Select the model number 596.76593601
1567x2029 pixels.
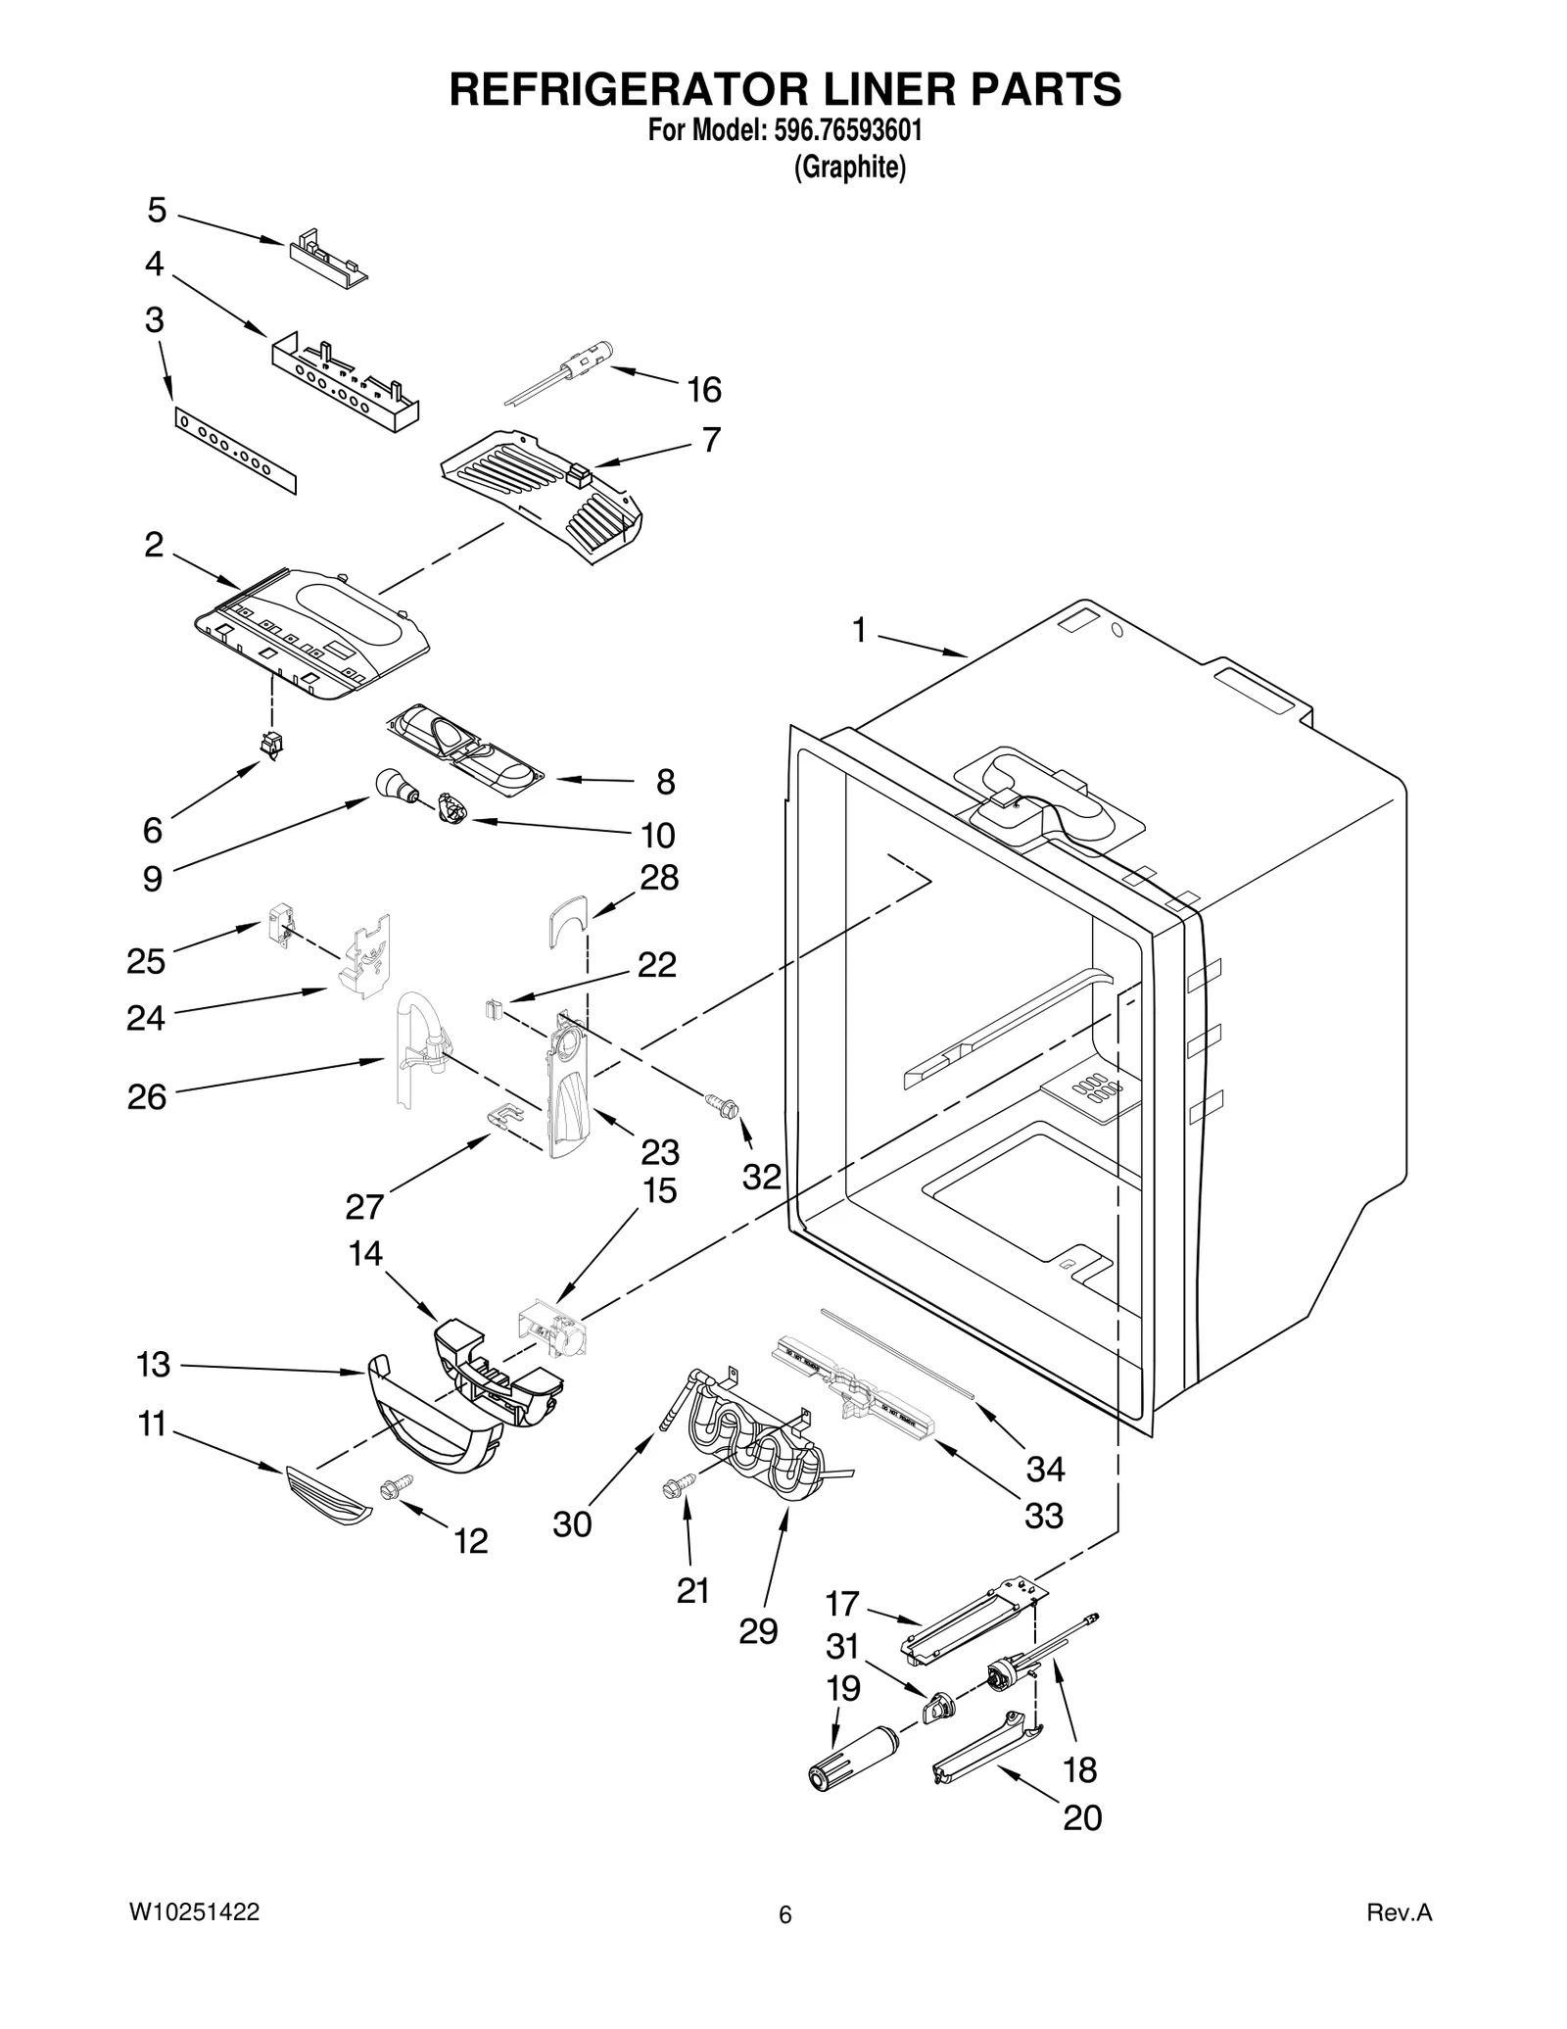pos(838,132)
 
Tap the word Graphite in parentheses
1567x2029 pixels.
pos(849,168)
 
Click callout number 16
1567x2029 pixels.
pos(703,390)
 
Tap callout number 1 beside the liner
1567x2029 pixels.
pos(859,631)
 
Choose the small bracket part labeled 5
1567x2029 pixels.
pos(327,257)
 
